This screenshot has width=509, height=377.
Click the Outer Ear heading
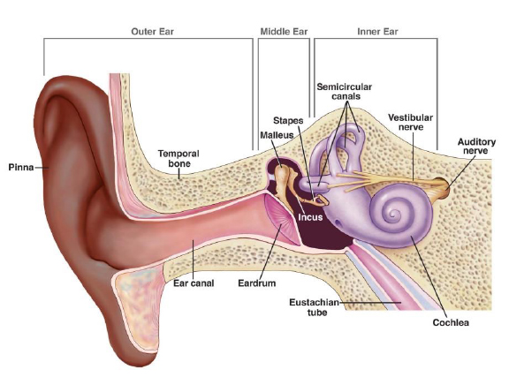tap(152, 32)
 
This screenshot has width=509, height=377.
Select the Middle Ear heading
tap(284, 32)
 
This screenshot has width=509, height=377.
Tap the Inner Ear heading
tap(377, 32)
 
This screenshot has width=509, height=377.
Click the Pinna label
tap(21, 168)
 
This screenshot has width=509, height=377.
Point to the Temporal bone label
tap(179, 158)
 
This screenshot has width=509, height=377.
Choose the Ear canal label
tap(194, 283)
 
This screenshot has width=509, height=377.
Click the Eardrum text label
tap(257, 283)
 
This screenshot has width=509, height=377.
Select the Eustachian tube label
tap(315, 307)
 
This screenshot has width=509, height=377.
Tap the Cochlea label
tap(451, 322)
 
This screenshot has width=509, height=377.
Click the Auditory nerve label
tap(476, 147)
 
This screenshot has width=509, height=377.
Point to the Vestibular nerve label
tap(411, 122)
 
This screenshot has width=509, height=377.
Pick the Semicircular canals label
tap(345, 92)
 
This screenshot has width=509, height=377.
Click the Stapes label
tap(288, 121)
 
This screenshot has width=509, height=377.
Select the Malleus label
tap(277, 135)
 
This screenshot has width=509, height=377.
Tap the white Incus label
tap(310, 217)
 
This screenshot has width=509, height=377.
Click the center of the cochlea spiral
tap(395, 215)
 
